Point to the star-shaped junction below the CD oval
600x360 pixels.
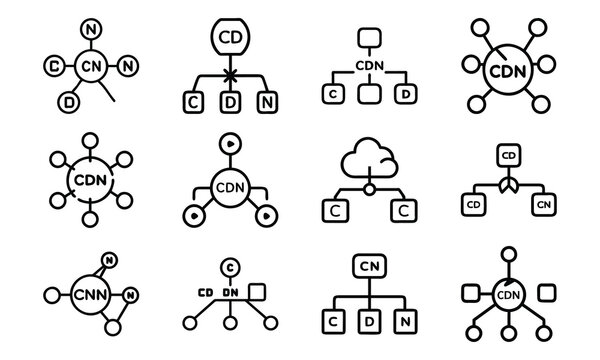(x=229, y=76)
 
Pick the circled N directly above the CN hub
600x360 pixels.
(x=93, y=29)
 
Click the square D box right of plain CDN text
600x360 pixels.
(x=406, y=94)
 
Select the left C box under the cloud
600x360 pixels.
(x=331, y=210)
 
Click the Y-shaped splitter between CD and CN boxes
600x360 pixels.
(x=508, y=186)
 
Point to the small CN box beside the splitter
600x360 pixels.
(x=545, y=205)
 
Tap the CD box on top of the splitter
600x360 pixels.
(x=508, y=155)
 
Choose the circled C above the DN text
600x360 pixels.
(x=230, y=266)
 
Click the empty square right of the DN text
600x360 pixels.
(x=257, y=291)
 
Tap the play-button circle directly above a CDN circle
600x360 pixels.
(x=229, y=143)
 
